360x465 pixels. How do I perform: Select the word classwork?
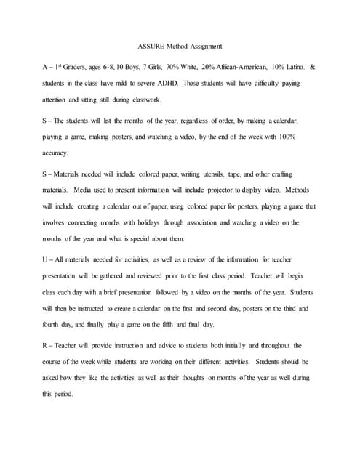point(145,100)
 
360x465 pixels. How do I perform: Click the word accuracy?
point(56,153)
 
